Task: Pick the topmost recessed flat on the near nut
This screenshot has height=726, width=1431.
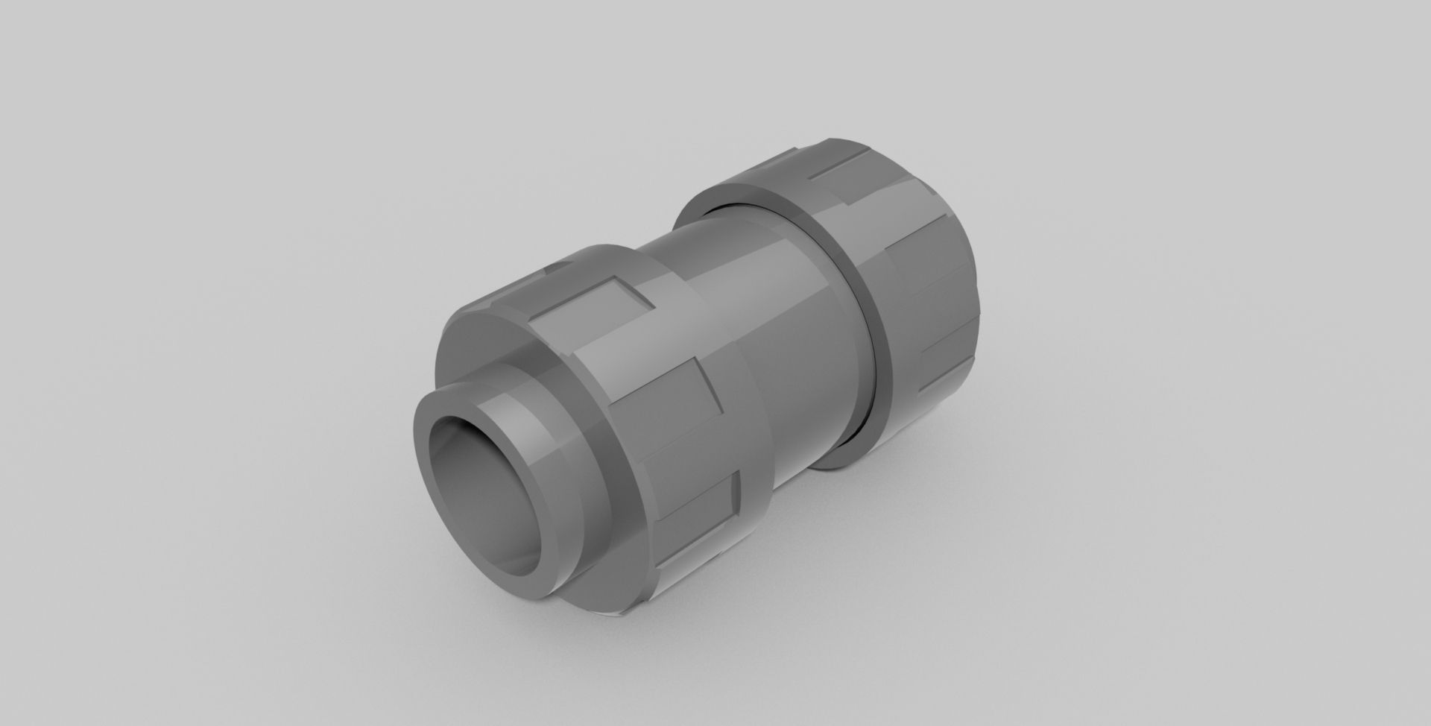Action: point(589,294)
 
